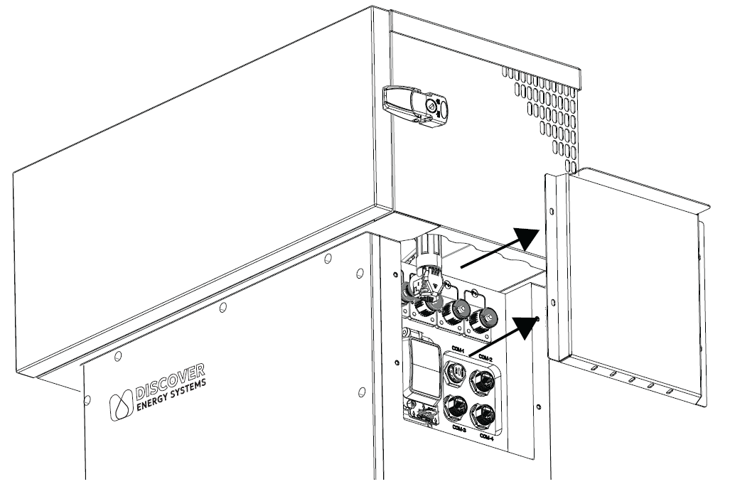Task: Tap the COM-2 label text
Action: (x=486, y=357)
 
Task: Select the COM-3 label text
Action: (x=456, y=429)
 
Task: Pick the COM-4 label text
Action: (x=488, y=435)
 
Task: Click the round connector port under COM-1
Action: (x=455, y=372)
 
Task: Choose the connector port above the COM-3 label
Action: (x=454, y=409)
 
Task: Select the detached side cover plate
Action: (x=633, y=284)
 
